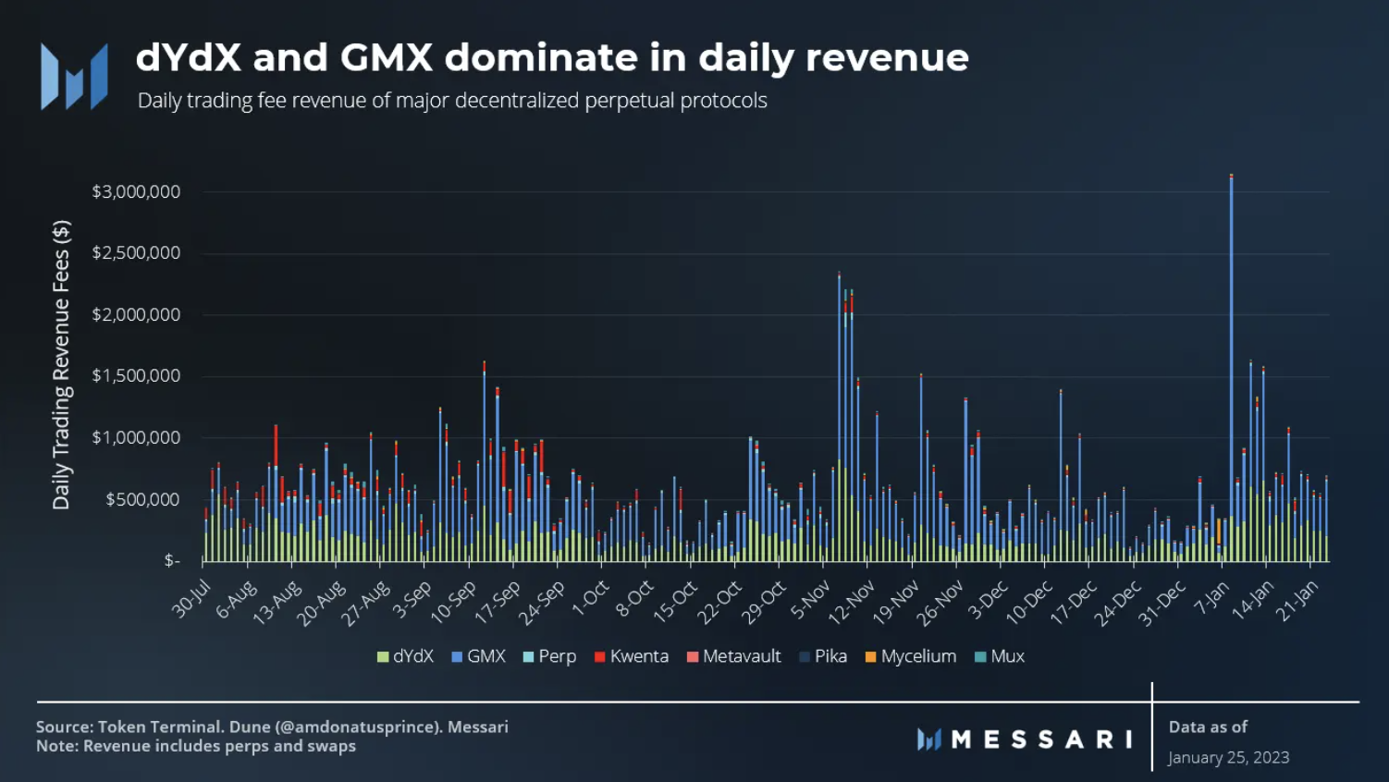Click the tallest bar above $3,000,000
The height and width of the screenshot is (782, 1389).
[1231, 370]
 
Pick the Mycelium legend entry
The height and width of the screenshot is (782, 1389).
[910, 656]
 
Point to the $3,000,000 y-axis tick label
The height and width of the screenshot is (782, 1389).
[136, 192]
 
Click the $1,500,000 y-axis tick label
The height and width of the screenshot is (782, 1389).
[136, 376]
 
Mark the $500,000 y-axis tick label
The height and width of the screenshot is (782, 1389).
[142, 500]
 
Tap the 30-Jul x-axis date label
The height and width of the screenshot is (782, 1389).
[192, 599]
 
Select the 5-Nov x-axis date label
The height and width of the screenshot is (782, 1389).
[811, 599]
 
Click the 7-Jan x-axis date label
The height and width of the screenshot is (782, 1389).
[1211, 599]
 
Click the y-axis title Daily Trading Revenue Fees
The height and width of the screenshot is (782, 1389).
[61, 365]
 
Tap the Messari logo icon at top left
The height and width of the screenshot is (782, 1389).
[74, 77]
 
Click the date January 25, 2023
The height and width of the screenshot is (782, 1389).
[1228, 758]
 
